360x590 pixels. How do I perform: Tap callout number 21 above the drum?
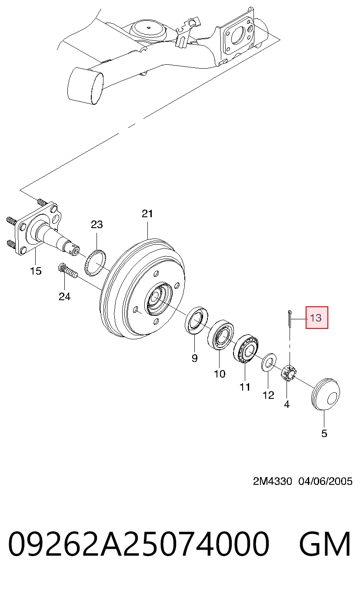click(x=147, y=214)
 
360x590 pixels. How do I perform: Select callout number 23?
click(x=97, y=225)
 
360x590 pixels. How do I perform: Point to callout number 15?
click(x=36, y=271)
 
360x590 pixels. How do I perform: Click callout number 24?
click(x=65, y=297)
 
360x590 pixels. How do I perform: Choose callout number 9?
click(x=194, y=358)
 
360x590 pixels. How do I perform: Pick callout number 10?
click(x=220, y=374)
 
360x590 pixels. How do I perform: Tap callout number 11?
click(x=245, y=387)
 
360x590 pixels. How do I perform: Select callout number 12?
click(x=269, y=395)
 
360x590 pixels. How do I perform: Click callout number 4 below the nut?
click(x=287, y=404)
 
